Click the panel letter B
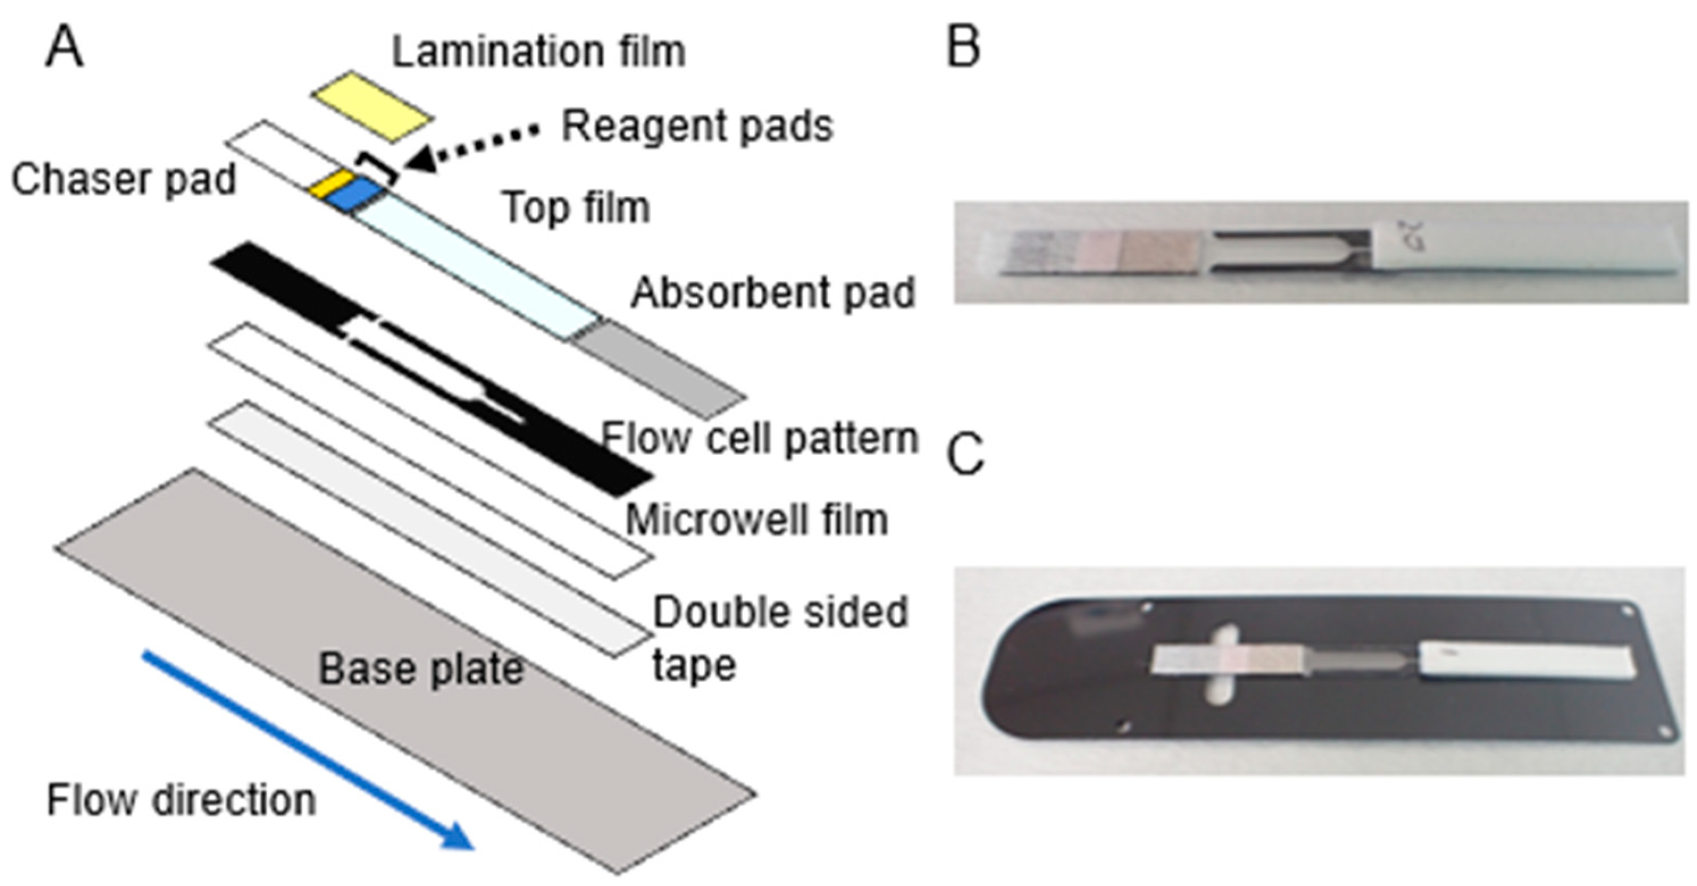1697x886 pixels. tap(963, 48)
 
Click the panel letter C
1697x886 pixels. tap(965, 455)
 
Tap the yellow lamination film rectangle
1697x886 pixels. tap(372, 106)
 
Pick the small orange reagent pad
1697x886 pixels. tap(333, 182)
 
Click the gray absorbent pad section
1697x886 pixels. tap(659, 369)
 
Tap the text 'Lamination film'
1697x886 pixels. tap(538, 52)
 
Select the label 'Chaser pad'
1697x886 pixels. tap(123, 179)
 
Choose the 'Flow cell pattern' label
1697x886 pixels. tap(759, 438)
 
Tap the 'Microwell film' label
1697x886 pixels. tap(756, 520)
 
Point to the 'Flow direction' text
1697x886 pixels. tap(181, 800)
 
